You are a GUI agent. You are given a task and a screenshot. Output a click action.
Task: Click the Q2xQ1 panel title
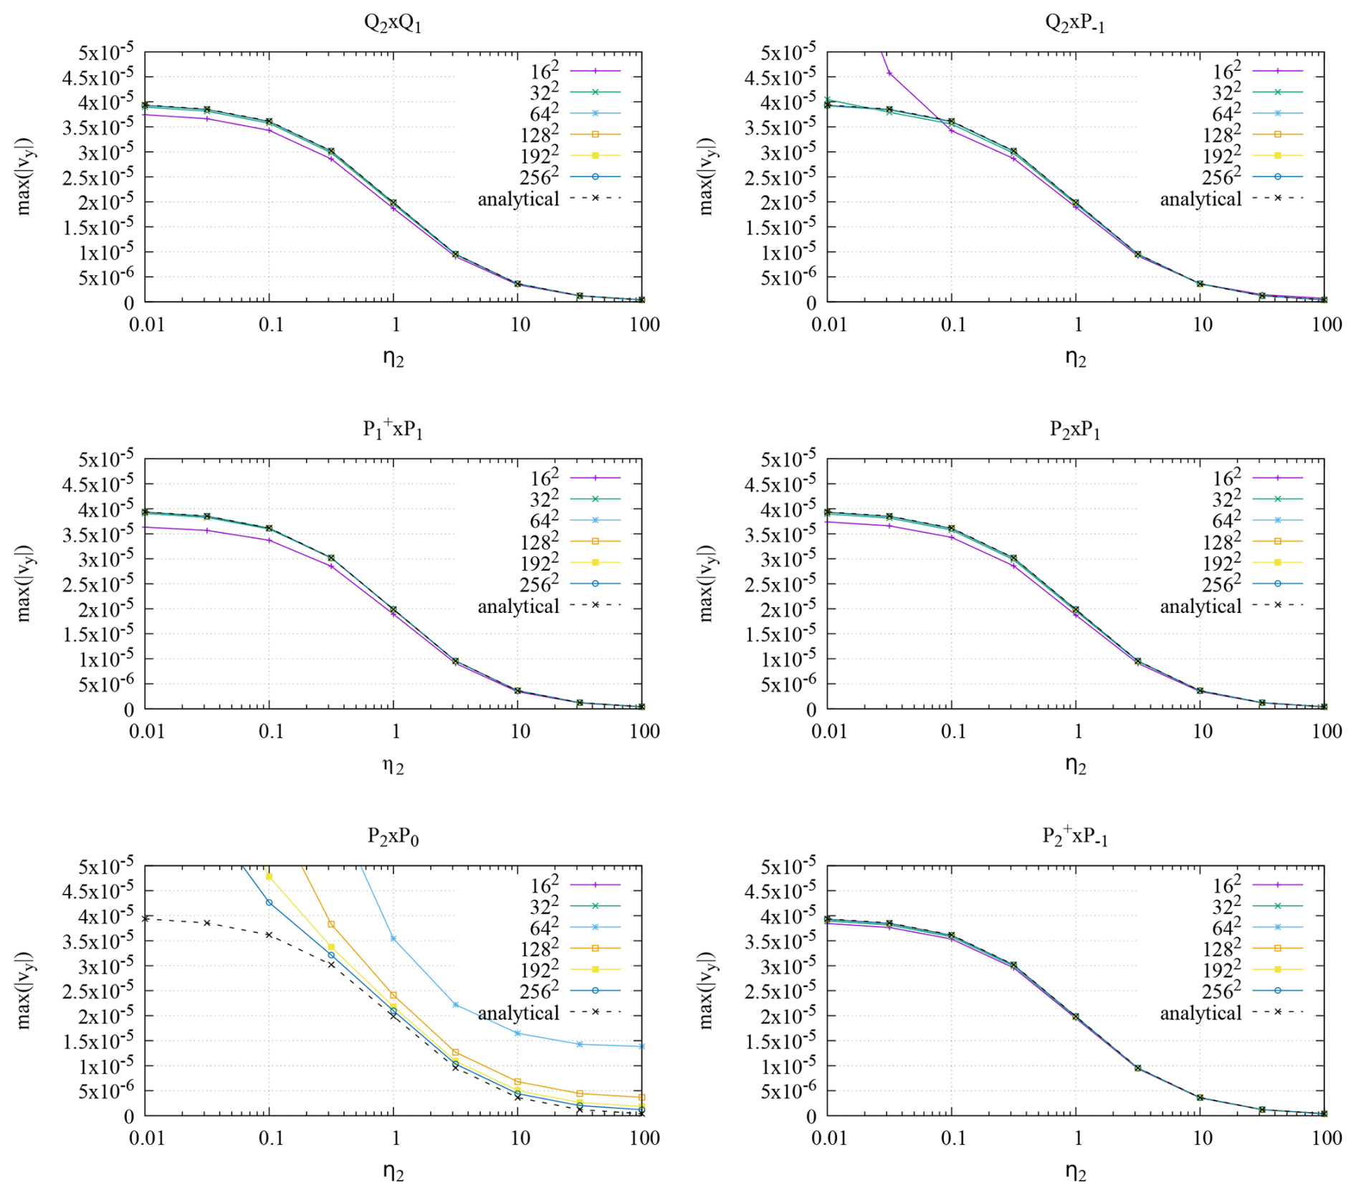[x=392, y=23]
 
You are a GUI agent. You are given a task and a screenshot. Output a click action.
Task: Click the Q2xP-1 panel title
[x=1074, y=23]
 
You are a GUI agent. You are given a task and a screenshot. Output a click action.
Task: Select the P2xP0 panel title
[x=393, y=837]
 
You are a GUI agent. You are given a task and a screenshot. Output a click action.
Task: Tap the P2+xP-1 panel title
[x=1074, y=836]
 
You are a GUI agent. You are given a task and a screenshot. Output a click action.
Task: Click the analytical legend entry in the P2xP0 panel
[x=548, y=1012]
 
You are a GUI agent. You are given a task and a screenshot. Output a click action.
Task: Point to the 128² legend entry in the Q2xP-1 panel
[x=1251, y=135]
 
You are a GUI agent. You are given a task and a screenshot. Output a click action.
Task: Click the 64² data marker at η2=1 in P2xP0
[x=393, y=938]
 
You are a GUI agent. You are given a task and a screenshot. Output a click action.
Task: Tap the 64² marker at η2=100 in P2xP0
[x=641, y=1046]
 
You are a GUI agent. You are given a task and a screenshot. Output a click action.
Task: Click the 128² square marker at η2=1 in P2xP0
[x=393, y=995]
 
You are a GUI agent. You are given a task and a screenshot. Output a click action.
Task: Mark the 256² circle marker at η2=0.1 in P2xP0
[x=269, y=903]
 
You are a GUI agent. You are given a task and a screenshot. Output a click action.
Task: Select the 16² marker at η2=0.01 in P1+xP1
[x=145, y=527]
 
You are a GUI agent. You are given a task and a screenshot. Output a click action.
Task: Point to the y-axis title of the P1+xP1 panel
[x=24, y=584]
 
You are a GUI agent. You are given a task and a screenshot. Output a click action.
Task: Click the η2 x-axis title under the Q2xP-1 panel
[x=1075, y=358]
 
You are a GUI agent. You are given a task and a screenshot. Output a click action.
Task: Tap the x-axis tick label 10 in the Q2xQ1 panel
[x=520, y=325]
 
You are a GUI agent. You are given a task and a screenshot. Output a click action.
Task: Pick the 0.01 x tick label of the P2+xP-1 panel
[x=829, y=1138]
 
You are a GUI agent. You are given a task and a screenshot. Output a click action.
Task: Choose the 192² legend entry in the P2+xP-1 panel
[x=1251, y=970]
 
